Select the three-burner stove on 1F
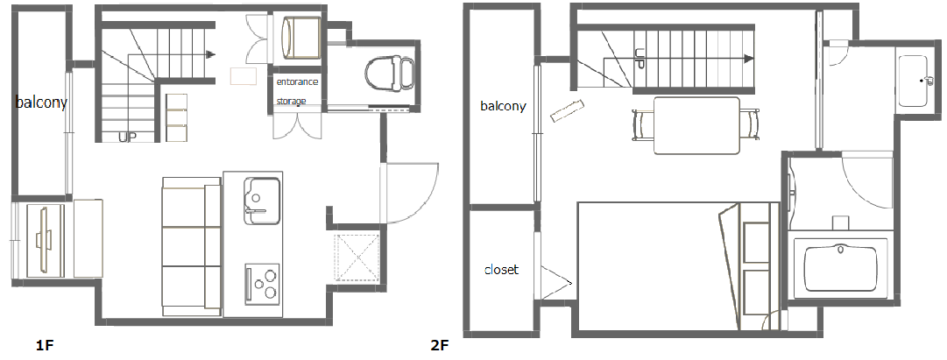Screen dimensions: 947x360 (262, 283)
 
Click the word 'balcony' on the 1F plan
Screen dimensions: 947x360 (41, 102)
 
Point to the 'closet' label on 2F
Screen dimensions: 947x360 (501, 270)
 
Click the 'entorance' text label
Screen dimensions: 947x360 (297, 81)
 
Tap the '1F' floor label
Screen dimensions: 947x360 (46, 346)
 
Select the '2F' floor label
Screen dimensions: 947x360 (440, 346)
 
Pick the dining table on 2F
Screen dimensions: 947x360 (697, 125)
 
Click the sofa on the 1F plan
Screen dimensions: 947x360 (192, 246)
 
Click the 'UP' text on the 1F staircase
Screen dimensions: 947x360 (127, 138)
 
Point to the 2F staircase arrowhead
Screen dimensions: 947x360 (749, 59)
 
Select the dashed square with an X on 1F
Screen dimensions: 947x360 (357, 258)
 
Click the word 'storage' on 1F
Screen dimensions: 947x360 (291, 101)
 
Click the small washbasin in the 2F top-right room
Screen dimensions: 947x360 (912, 81)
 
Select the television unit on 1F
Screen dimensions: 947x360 (44, 240)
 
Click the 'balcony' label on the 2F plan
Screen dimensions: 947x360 (503, 106)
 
